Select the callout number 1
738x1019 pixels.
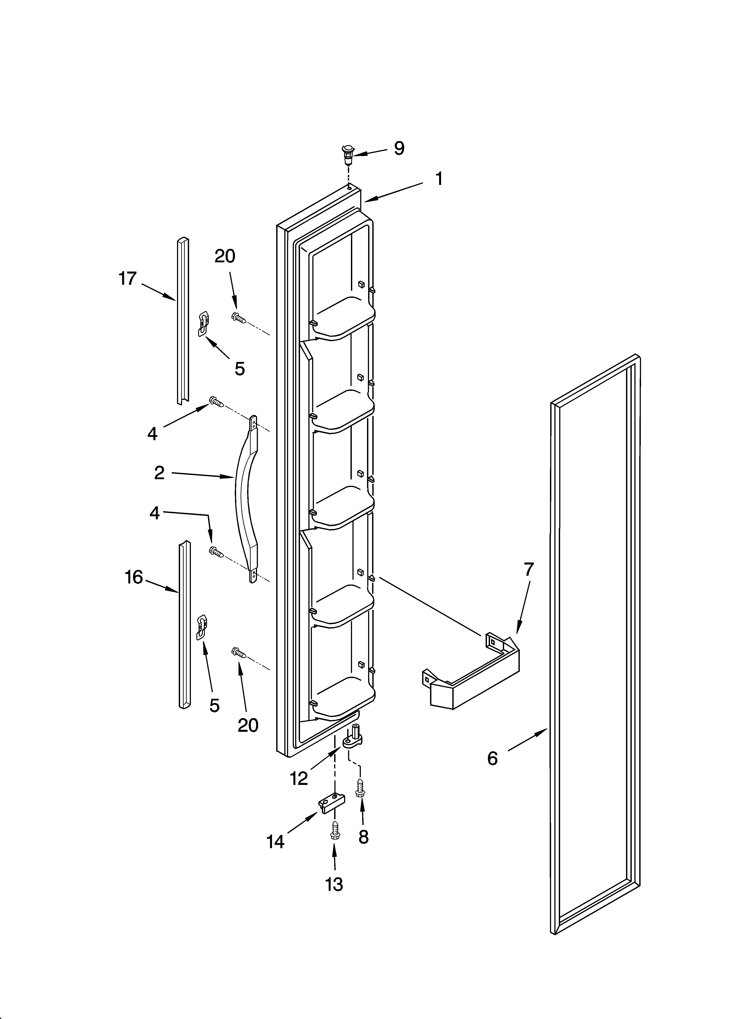pyautogui.click(x=439, y=179)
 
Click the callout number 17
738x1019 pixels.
pyautogui.click(x=128, y=279)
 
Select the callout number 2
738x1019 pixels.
pyautogui.click(x=159, y=473)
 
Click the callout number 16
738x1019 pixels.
pyautogui.click(x=134, y=577)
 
